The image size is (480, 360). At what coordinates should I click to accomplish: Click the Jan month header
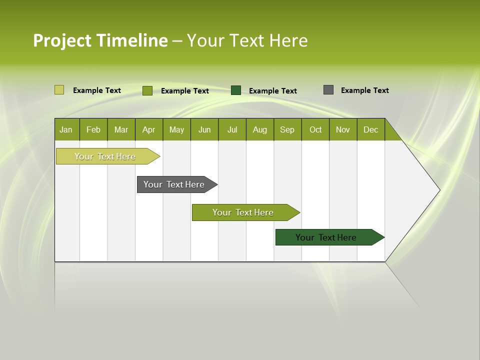(x=66, y=129)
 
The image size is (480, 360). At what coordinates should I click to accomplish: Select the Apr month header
(x=149, y=129)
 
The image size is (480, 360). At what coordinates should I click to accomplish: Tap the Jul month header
(x=232, y=129)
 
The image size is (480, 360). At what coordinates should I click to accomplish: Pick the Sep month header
(x=287, y=129)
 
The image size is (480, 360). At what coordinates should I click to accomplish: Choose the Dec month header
(x=370, y=129)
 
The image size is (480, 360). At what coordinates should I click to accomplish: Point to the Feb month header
(x=93, y=129)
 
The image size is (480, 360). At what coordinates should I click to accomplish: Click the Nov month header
(x=343, y=129)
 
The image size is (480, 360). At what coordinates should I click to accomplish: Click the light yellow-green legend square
(x=59, y=90)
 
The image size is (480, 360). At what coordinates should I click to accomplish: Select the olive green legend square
(x=147, y=90)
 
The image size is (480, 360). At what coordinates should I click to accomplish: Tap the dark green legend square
(x=236, y=90)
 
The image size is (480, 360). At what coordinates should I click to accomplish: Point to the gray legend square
(x=328, y=90)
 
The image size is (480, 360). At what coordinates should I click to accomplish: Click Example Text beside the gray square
(x=364, y=90)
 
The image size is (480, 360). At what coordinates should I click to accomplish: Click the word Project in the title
(x=63, y=40)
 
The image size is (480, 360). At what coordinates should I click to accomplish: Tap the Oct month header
(x=315, y=129)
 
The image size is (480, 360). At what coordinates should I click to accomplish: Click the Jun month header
(x=204, y=129)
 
